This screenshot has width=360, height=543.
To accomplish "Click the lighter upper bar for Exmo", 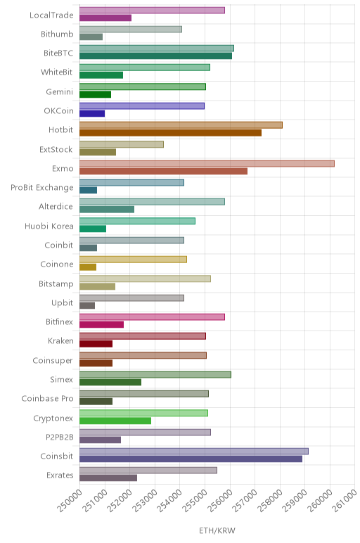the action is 207,164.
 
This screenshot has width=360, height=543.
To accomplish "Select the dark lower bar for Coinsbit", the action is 191,459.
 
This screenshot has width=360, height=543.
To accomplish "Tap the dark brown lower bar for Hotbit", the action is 170,133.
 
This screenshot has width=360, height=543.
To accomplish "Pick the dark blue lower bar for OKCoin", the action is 92,113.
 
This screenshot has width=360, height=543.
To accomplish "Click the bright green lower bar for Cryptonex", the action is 115,421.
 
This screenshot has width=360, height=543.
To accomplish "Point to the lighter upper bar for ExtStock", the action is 122,144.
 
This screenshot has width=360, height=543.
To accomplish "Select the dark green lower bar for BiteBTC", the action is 156,56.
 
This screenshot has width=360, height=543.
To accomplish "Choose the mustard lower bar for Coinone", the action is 88,267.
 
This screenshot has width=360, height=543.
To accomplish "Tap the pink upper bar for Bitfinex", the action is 152,317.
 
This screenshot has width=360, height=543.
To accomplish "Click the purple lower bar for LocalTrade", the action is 105,18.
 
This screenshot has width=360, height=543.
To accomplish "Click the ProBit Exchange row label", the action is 42,188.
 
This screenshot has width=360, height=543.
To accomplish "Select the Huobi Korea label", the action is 49,226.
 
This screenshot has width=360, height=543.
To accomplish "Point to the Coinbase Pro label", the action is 47,399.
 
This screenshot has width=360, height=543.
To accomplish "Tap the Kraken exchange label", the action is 60,340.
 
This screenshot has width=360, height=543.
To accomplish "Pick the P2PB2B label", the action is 60,437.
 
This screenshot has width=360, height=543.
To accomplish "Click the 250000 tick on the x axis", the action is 70,500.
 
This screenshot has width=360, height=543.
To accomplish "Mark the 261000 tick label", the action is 345,500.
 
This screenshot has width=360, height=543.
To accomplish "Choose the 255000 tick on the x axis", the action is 195,500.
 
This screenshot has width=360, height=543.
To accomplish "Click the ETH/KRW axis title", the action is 217,530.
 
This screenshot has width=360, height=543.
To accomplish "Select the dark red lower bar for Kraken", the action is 96,344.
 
